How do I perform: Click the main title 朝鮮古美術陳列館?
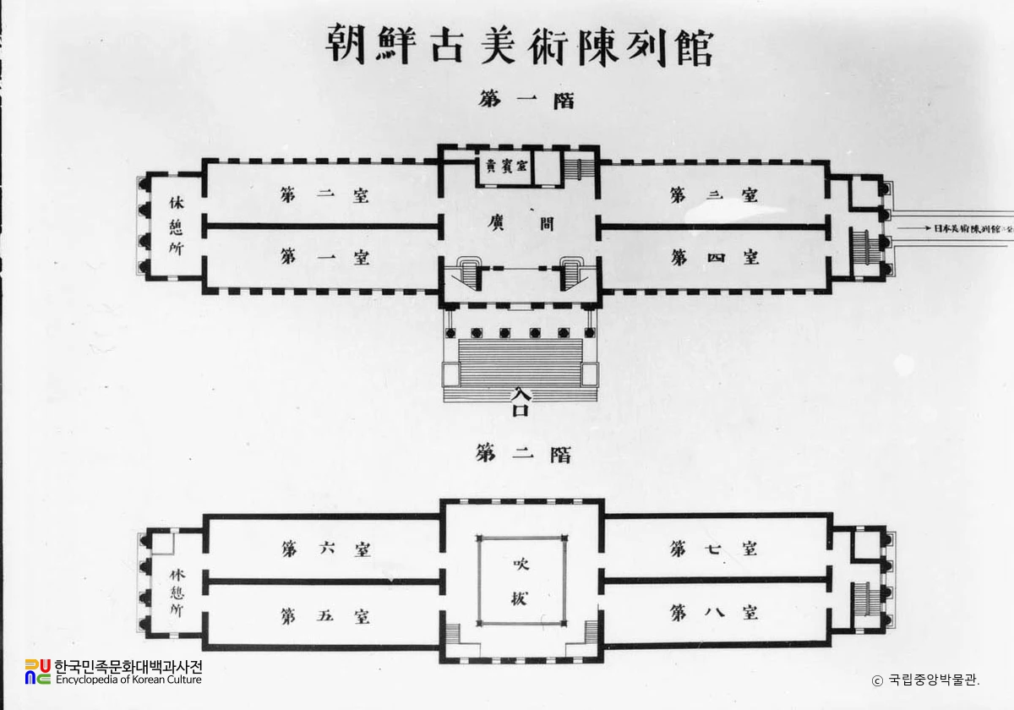tap(519, 47)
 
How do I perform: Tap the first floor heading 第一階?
tap(525, 99)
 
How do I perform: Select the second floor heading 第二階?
tap(524, 455)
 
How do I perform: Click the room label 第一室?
tap(325, 257)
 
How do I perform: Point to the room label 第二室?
tap(325, 195)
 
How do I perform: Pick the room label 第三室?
tap(714, 195)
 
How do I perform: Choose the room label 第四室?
tap(714, 257)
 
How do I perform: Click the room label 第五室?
tap(325, 614)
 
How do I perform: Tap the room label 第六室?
tap(325, 549)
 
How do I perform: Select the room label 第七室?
tap(714, 549)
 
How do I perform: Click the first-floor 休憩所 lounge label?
tap(176, 227)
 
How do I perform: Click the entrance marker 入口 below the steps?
tap(520, 401)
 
